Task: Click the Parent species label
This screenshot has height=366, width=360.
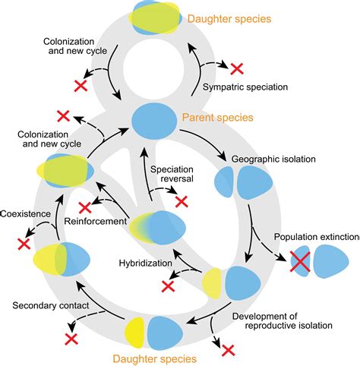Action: click(x=217, y=118)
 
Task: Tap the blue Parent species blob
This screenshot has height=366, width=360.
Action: click(x=153, y=120)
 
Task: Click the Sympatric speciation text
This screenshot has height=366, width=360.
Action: click(x=245, y=87)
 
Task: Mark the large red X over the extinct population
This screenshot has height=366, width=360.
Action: click(x=301, y=261)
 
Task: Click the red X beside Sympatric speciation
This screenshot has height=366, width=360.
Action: click(x=238, y=68)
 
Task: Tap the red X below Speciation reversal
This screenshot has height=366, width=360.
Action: click(x=181, y=201)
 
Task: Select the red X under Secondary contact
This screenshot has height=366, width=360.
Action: click(x=71, y=339)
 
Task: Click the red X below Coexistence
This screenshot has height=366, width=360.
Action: click(x=23, y=245)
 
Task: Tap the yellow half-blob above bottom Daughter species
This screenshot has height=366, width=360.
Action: click(x=135, y=330)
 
